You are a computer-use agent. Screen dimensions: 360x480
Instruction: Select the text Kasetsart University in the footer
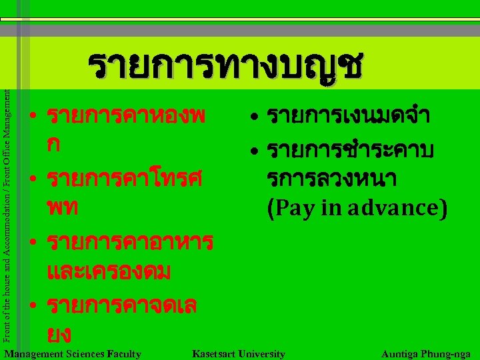click(x=238, y=354)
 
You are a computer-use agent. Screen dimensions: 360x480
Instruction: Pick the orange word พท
click(x=63, y=208)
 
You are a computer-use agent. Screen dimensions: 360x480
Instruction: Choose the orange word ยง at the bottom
click(x=59, y=333)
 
